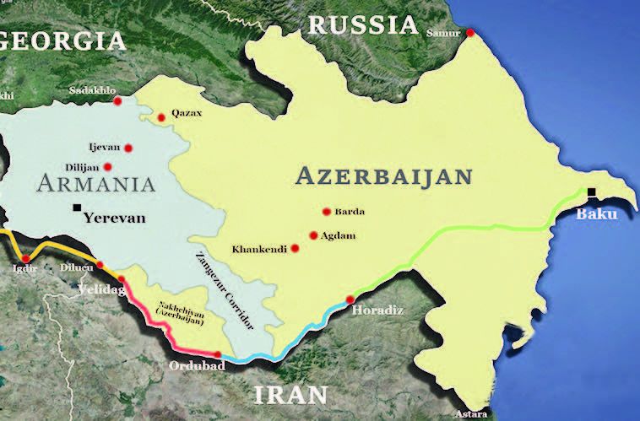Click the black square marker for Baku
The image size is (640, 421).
click(593, 192)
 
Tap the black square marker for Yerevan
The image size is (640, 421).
click(78, 207)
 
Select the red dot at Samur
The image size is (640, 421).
click(471, 33)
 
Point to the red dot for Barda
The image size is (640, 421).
click(326, 212)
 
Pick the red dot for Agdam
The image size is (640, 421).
click(313, 235)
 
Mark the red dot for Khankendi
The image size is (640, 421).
click(295, 248)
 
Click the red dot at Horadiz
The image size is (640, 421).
click(350, 300)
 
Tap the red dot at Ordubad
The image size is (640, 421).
click(218, 354)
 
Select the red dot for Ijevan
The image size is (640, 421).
click(128, 148)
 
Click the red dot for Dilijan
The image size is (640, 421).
click(108, 166)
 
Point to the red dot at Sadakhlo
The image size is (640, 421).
click(117, 101)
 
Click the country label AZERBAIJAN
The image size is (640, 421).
click(382, 176)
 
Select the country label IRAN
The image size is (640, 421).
click(292, 394)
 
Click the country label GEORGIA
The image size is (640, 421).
click(63, 40)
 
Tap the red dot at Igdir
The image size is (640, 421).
click(25, 258)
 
